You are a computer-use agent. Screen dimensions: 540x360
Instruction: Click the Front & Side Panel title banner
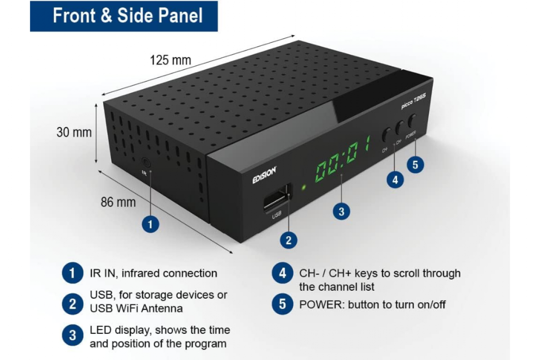click(x=124, y=16)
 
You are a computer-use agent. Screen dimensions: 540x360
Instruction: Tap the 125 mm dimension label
click(x=171, y=60)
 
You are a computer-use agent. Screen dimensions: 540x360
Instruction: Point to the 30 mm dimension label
click(x=74, y=132)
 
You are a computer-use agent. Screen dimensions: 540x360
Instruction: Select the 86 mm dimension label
click(x=118, y=202)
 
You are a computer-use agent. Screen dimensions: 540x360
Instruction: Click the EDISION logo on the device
click(x=264, y=175)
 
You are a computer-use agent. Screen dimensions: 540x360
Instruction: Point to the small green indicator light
click(x=304, y=187)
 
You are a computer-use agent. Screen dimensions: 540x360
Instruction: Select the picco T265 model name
click(x=414, y=101)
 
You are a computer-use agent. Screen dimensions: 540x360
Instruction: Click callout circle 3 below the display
click(x=342, y=211)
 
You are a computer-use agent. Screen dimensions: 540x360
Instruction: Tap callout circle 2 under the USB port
click(x=288, y=240)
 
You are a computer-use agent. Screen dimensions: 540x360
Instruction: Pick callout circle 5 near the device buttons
click(x=415, y=165)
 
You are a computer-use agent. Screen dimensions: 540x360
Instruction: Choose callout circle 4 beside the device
click(x=395, y=180)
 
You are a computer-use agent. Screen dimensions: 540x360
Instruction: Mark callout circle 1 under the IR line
click(x=150, y=225)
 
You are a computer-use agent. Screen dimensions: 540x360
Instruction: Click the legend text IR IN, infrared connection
click(x=153, y=274)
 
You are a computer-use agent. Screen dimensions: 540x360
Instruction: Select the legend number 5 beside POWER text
click(x=283, y=304)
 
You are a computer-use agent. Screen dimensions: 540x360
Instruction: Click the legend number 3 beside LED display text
click(x=72, y=335)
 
